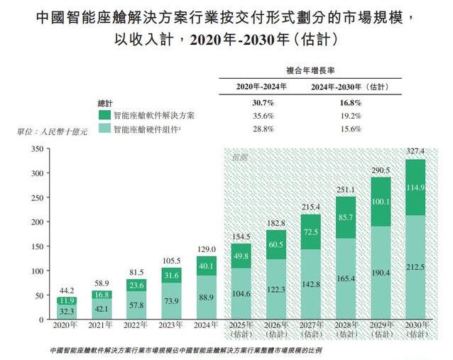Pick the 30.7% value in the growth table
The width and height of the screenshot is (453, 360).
click(260, 102)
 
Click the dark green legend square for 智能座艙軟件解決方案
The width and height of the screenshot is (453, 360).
click(104, 115)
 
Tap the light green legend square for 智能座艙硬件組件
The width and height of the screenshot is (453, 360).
click(104, 129)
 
